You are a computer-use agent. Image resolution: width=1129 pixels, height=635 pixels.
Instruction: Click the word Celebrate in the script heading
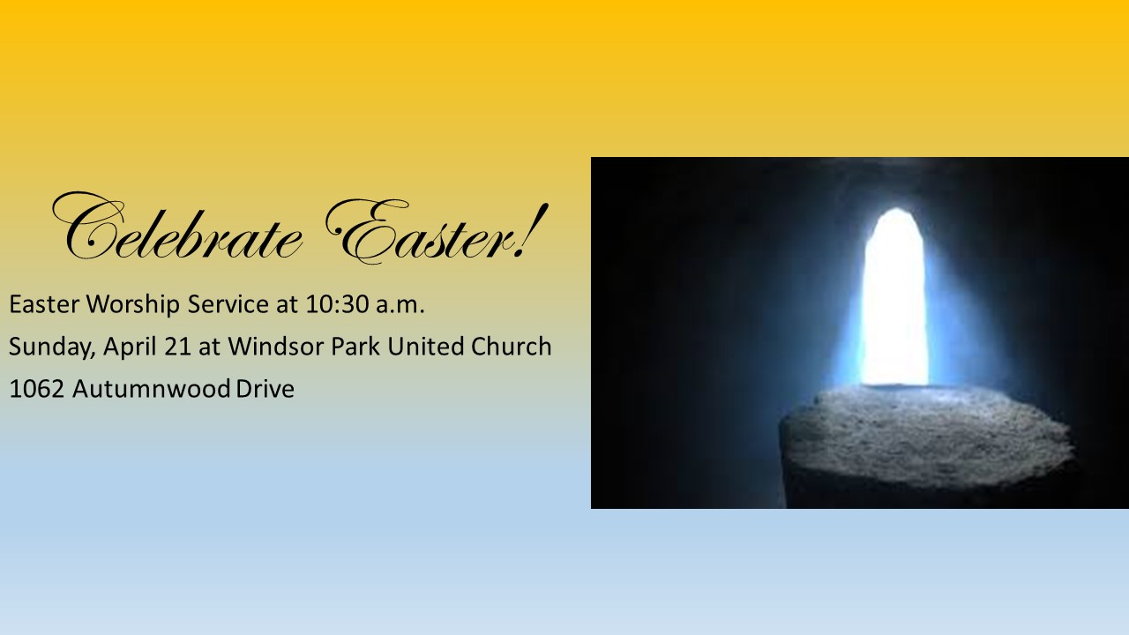tap(176, 227)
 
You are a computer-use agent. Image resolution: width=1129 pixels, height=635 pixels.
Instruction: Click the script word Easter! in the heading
tap(437, 232)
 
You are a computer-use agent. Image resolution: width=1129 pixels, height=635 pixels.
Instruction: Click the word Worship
tap(133, 305)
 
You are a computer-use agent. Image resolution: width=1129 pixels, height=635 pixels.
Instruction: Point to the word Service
tap(228, 304)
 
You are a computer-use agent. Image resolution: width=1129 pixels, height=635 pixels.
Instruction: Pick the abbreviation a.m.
tap(400, 305)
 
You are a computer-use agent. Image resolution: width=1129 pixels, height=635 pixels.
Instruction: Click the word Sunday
tap(52, 347)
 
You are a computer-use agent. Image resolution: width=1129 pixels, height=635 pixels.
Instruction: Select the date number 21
tap(177, 347)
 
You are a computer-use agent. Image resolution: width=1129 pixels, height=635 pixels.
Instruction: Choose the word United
tap(425, 347)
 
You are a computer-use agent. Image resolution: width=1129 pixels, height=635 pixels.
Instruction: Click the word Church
tap(511, 347)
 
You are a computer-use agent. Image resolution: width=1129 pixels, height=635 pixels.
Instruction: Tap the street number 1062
tap(37, 389)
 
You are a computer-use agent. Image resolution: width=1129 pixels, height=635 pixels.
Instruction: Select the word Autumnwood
tap(151, 389)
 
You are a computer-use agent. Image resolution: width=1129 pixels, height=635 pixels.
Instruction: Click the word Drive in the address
tap(265, 389)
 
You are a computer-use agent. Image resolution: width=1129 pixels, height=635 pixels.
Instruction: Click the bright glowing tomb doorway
tap(895, 297)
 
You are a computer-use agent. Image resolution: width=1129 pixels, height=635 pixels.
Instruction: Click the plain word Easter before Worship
tap(44, 304)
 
